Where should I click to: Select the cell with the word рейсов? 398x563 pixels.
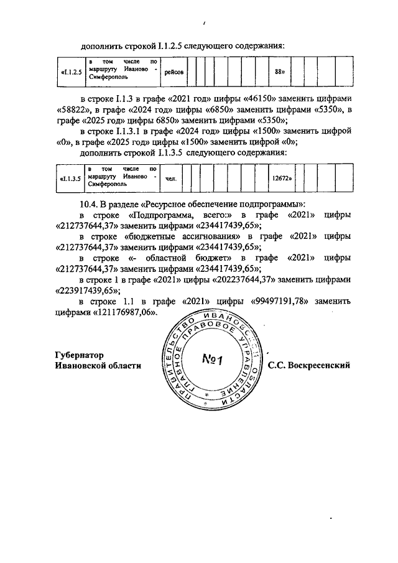point(174,73)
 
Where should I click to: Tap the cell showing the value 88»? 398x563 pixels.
point(279,73)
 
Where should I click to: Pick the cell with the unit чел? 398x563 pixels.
point(170,178)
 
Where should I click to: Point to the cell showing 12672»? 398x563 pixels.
point(282,178)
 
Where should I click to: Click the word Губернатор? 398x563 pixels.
point(78,355)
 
